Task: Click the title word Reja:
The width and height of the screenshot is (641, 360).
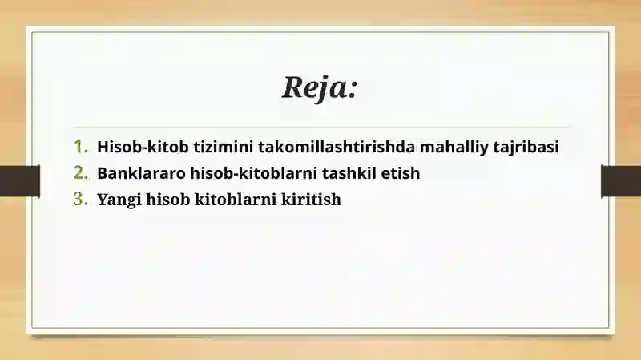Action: pos(319,87)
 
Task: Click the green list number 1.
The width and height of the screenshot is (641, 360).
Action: pos(79,147)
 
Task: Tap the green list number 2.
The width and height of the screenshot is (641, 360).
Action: pos(79,172)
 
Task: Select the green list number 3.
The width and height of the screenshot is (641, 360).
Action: pos(79,200)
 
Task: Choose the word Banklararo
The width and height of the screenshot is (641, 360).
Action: pos(140,172)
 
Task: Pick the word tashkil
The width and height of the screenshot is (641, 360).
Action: pos(350,172)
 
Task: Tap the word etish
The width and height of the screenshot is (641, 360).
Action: pos(401,172)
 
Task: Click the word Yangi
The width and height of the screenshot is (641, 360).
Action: pos(117,200)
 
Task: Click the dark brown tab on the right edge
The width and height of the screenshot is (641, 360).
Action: pos(621,180)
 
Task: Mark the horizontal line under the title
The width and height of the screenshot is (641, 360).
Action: pos(320,127)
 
